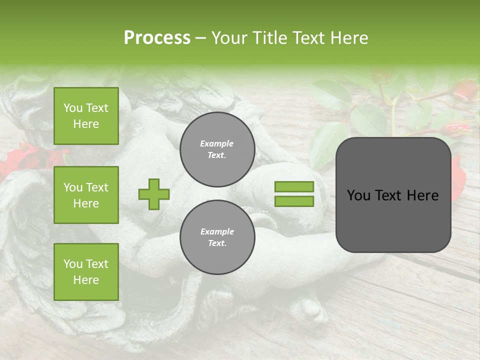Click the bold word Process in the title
pyautogui.click(x=157, y=38)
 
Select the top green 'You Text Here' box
pyautogui.click(x=86, y=116)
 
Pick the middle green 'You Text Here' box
pyautogui.click(x=86, y=195)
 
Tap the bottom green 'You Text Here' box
pyautogui.click(x=86, y=272)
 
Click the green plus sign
pyautogui.click(x=154, y=194)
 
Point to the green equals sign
pyautogui.click(x=294, y=194)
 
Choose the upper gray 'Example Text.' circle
pyautogui.click(x=217, y=149)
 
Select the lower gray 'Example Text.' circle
pyautogui.click(x=217, y=237)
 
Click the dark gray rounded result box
pyautogui.click(x=393, y=195)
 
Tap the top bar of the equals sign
pyautogui.click(x=294, y=186)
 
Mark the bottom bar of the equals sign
pyautogui.click(x=294, y=201)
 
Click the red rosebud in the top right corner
pyautogui.click(x=464, y=91)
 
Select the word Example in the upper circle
pyautogui.click(x=217, y=144)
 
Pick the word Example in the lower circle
pyautogui.click(x=217, y=231)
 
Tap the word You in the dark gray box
pyautogui.click(x=359, y=195)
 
